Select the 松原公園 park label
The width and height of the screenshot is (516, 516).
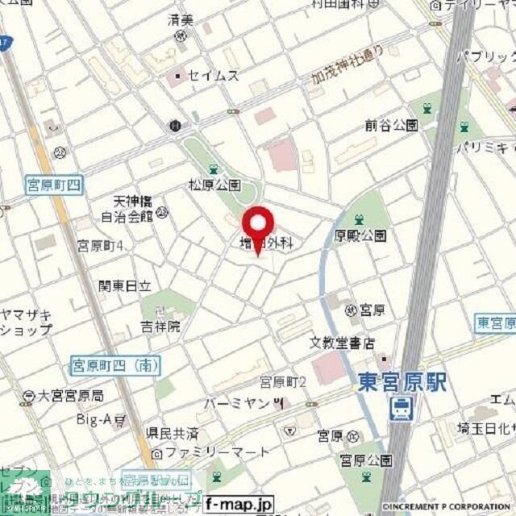[x=215, y=185]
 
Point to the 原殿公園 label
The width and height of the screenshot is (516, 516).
[x=360, y=235]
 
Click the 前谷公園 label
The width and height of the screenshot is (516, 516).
[x=391, y=125]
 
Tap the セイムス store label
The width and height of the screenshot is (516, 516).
[x=213, y=75]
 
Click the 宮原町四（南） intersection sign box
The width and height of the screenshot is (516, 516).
[x=114, y=365]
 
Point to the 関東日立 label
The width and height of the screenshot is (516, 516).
[x=125, y=285]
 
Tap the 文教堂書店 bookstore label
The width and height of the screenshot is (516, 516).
[x=343, y=343]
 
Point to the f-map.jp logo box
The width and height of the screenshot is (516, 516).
[x=239, y=505]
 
